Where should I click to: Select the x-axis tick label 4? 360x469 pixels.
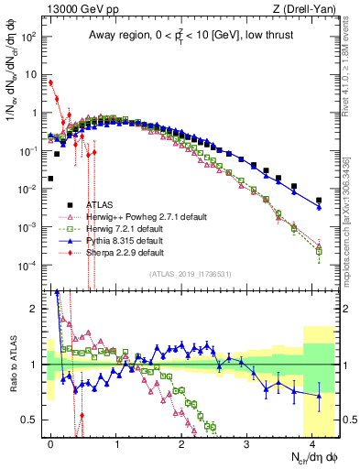pyautogui.click(x=312, y=442)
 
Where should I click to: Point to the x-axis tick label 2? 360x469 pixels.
pyautogui.click(x=181, y=442)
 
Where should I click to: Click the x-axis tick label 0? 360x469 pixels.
pyautogui.click(x=50, y=442)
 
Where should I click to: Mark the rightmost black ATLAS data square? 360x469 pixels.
pyautogui.click(x=319, y=200)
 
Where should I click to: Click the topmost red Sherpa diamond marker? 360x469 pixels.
pyautogui.click(x=50, y=82)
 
